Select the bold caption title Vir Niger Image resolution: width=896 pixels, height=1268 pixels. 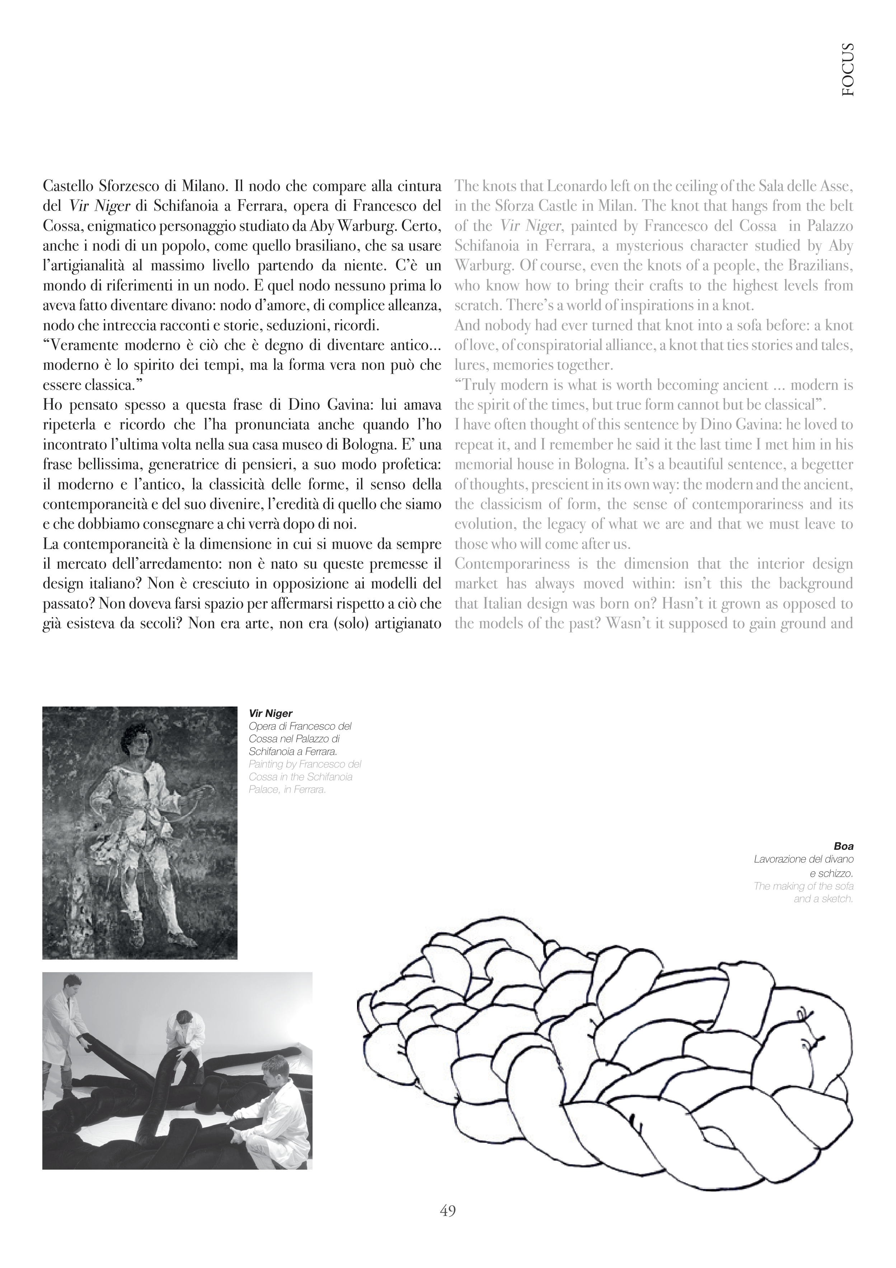(x=271, y=714)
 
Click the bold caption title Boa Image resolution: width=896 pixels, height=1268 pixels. (x=844, y=846)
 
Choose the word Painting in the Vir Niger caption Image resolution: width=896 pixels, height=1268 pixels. (x=268, y=764)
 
